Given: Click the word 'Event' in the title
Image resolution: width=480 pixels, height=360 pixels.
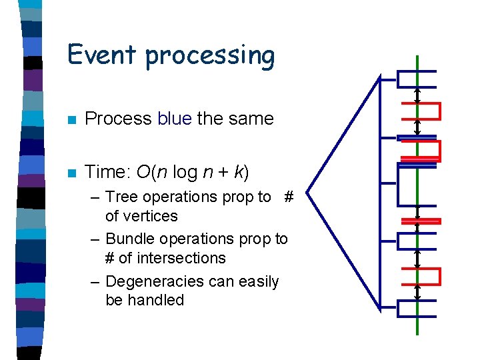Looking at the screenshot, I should click(x=103, y=54).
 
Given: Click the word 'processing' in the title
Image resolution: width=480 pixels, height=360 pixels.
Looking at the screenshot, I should click(x=210, y=57).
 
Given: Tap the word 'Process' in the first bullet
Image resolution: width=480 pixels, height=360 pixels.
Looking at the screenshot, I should click(x=119, y=119).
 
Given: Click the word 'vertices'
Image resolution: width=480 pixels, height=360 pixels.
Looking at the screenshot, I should click(x=141, y=216).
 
